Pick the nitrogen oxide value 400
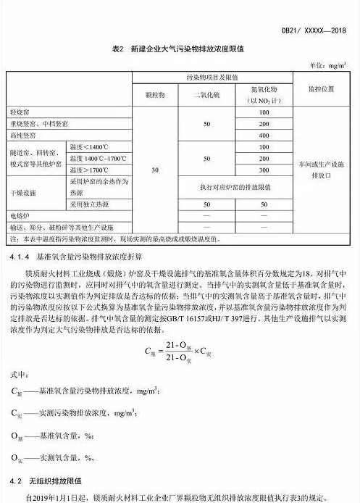pyautogui.click(x=263, y=136)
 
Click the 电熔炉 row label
pyautogui.click(x=20, y=216)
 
